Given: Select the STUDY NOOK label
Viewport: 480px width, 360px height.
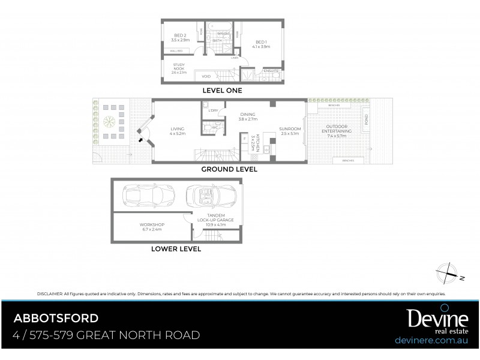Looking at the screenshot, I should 179,65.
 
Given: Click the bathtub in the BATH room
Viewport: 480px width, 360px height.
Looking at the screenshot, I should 216,27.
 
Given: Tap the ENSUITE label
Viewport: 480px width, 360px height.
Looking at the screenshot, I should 270,71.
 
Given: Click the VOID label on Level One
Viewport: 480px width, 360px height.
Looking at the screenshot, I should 206,76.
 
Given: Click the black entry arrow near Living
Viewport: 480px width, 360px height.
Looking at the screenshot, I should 142,139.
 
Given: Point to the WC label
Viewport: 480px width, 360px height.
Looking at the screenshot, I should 213,128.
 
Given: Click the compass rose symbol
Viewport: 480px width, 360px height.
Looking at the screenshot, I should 448,274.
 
